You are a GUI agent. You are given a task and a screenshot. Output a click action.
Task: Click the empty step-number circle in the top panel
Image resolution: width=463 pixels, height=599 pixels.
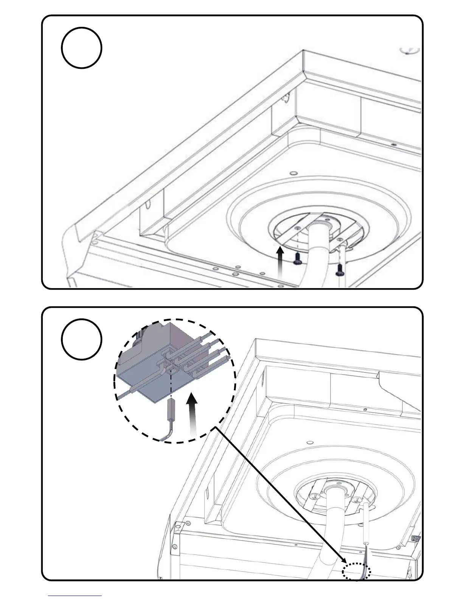(81, 48)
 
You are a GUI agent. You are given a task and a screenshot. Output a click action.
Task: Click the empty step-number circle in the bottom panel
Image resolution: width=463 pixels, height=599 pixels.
(81, 339)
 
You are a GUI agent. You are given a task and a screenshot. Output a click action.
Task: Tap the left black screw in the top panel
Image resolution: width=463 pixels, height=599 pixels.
(298, 259)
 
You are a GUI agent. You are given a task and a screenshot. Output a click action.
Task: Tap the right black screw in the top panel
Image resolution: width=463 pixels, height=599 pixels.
(339, 269)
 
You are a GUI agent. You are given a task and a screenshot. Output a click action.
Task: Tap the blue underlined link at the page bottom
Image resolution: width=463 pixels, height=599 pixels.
(75, 596)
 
